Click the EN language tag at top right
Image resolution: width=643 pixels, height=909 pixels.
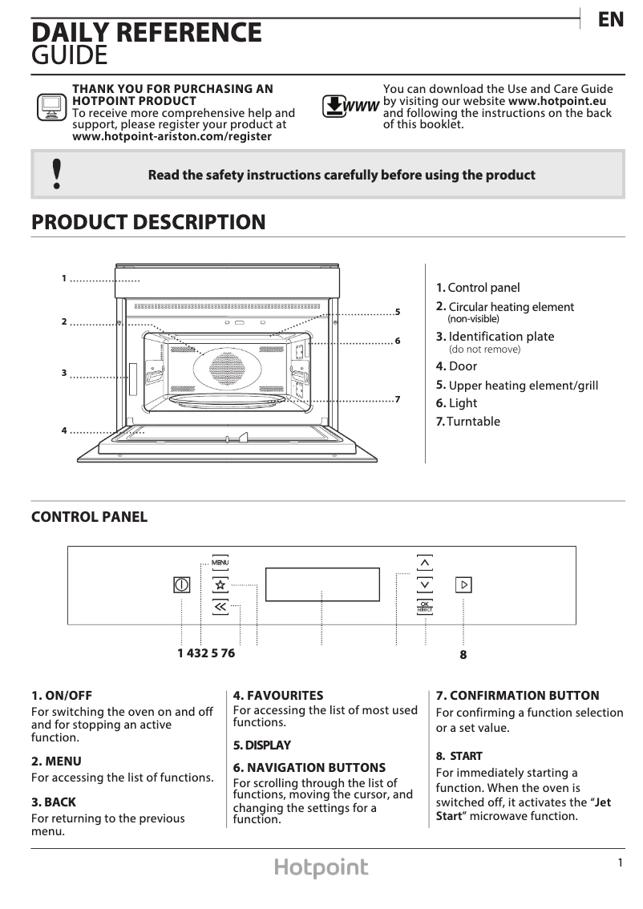[611, 20]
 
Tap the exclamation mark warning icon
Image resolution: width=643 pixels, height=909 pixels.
[56, 174]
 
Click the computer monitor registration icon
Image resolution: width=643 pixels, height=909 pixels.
[51, 107]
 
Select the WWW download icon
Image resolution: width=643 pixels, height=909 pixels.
[350, 106]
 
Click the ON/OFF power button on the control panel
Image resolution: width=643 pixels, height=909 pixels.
[182, 585]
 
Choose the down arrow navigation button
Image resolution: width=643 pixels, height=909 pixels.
[425, 584]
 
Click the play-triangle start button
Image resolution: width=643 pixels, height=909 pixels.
[463, 584]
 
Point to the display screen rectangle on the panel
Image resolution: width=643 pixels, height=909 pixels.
[322, 584]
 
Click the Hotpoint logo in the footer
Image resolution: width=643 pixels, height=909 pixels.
[321, 867]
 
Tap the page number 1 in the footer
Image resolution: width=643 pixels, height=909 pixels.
[620, 863]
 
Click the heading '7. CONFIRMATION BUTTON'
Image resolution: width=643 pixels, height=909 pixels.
[517, 696]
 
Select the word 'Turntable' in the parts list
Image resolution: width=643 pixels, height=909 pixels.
[474, 422]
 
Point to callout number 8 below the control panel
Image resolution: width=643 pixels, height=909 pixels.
[463, 655]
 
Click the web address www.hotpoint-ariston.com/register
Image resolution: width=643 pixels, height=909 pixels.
[172, 136]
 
